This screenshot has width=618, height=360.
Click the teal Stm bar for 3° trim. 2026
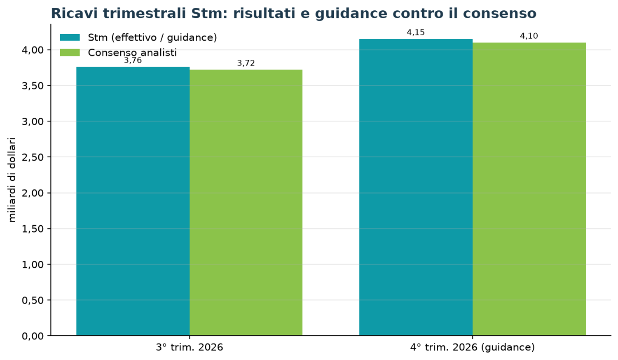click(133, 201)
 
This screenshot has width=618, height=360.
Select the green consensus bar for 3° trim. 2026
click(246, 203)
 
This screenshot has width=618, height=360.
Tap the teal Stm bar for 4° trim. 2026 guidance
click(416, 187)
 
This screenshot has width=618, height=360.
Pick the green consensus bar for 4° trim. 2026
click(529, 189)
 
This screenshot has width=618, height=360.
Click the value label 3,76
click(133, 60)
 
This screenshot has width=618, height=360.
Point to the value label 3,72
click(246, 63)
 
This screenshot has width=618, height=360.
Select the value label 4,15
click(416, 33)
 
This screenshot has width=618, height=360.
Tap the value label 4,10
click(529, 36)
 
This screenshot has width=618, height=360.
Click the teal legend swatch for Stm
click(70, 37)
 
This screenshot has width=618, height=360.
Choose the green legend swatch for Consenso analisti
click(70, 52)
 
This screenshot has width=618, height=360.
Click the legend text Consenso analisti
click(132, 52)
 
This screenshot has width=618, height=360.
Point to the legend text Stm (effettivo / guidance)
click(152, 37)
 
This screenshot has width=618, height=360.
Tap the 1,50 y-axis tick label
click(33, 229)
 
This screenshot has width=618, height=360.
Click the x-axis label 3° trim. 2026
click(190, 347)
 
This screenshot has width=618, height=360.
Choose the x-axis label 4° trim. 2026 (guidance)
click(472, 347)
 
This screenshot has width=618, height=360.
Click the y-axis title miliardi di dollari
click(12, 180)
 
